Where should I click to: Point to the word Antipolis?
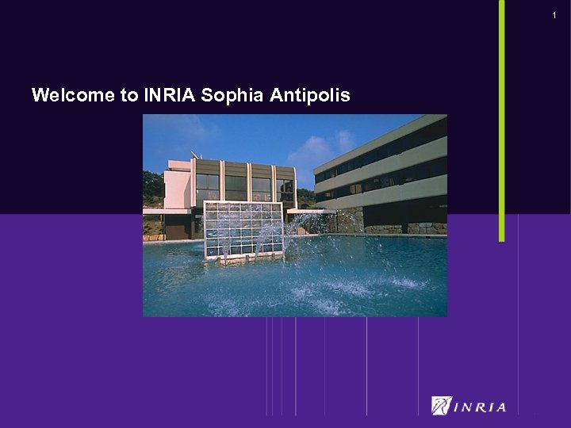point(310,96)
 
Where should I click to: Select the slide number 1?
point(554,16)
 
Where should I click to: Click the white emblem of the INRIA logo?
point(442,406)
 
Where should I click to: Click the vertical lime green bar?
point(501,119)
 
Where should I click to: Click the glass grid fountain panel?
point(243,229)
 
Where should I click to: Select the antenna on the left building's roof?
point(194,154)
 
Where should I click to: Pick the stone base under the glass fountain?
point(243,259)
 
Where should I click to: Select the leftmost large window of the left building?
point(208,187)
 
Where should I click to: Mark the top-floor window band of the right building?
point(381,155)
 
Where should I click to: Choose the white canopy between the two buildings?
point(309,212)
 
